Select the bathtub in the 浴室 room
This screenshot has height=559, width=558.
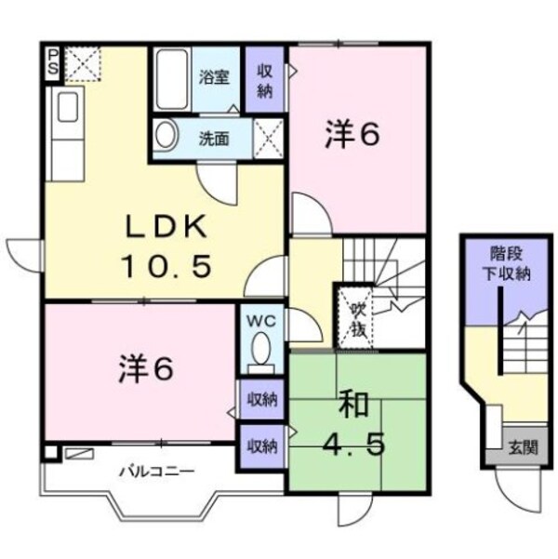pos(172,79)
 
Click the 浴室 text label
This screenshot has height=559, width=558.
pos(214,77)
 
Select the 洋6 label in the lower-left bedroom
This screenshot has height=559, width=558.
pos(145,370)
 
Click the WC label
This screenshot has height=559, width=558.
pos(259,321)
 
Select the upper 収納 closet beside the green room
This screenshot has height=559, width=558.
pos(262,399)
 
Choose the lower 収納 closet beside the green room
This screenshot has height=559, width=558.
pos(262,446)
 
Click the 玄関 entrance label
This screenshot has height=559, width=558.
pos(521,447)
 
